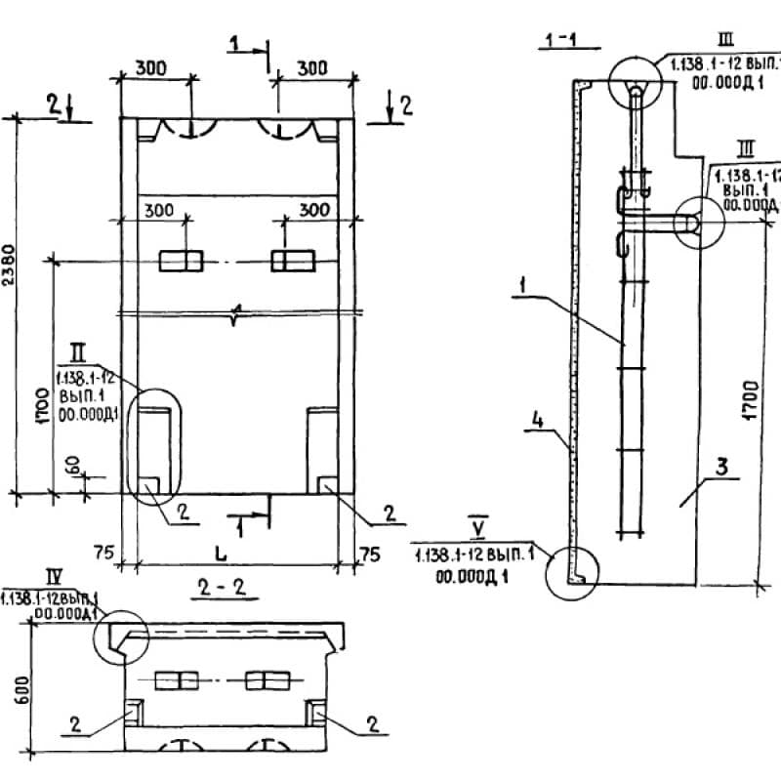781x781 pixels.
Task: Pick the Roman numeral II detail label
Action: (x=78, y=348)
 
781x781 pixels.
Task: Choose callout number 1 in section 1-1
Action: (x=524, y=288)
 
